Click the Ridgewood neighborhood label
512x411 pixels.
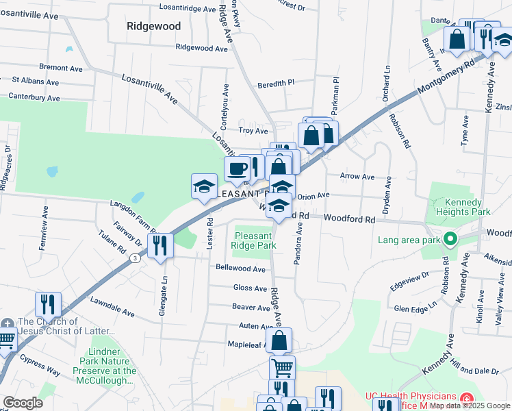pos(154,26)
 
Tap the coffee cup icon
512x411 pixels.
pos(237,169)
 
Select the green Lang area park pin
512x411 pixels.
pos(450,240)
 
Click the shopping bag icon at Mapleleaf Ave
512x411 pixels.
pos(279,340)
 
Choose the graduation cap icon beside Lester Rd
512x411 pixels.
pos(204,186)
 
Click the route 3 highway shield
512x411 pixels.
pos(136,258)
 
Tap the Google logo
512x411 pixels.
pos(23,403)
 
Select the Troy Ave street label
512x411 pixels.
pos(253,130)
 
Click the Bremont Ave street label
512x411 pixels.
pos(61,68)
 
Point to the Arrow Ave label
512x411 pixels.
pos(357,177)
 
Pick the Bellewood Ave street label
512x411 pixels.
pos(240,269)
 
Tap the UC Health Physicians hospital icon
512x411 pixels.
pos(467,398)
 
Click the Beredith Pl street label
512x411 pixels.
pos(275,84)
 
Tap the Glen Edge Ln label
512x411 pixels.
pos(415,308)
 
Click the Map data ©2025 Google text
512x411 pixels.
pos(470,406)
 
